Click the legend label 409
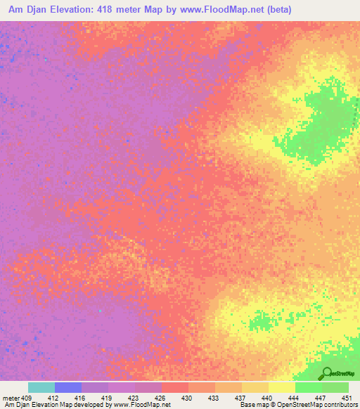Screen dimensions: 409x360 [x=27, y=398]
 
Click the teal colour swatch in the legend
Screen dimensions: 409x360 [x=41, y=387]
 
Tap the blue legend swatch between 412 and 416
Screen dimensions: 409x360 [x=67, y=387]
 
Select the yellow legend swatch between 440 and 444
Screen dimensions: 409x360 [x=281, y=387]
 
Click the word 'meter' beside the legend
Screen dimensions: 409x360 [x=11, y=398]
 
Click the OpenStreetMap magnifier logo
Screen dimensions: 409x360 [x=326, y=372]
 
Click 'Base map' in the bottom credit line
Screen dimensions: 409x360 [x=252, y=405]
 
